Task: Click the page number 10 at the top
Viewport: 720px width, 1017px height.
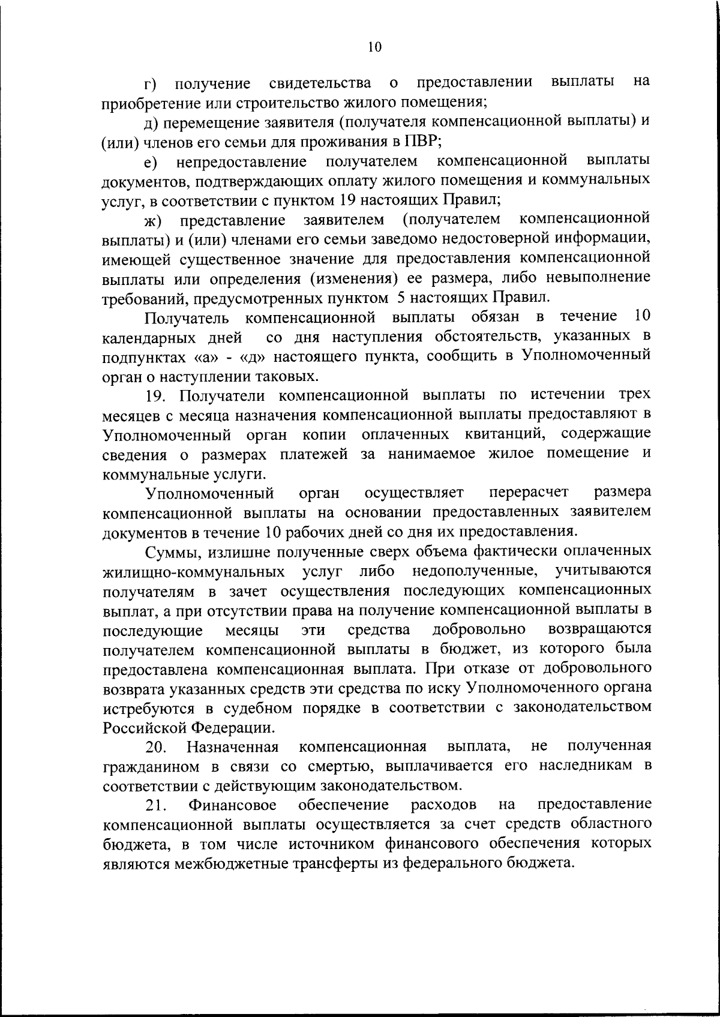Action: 374,47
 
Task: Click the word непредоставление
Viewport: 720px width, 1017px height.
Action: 242,161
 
